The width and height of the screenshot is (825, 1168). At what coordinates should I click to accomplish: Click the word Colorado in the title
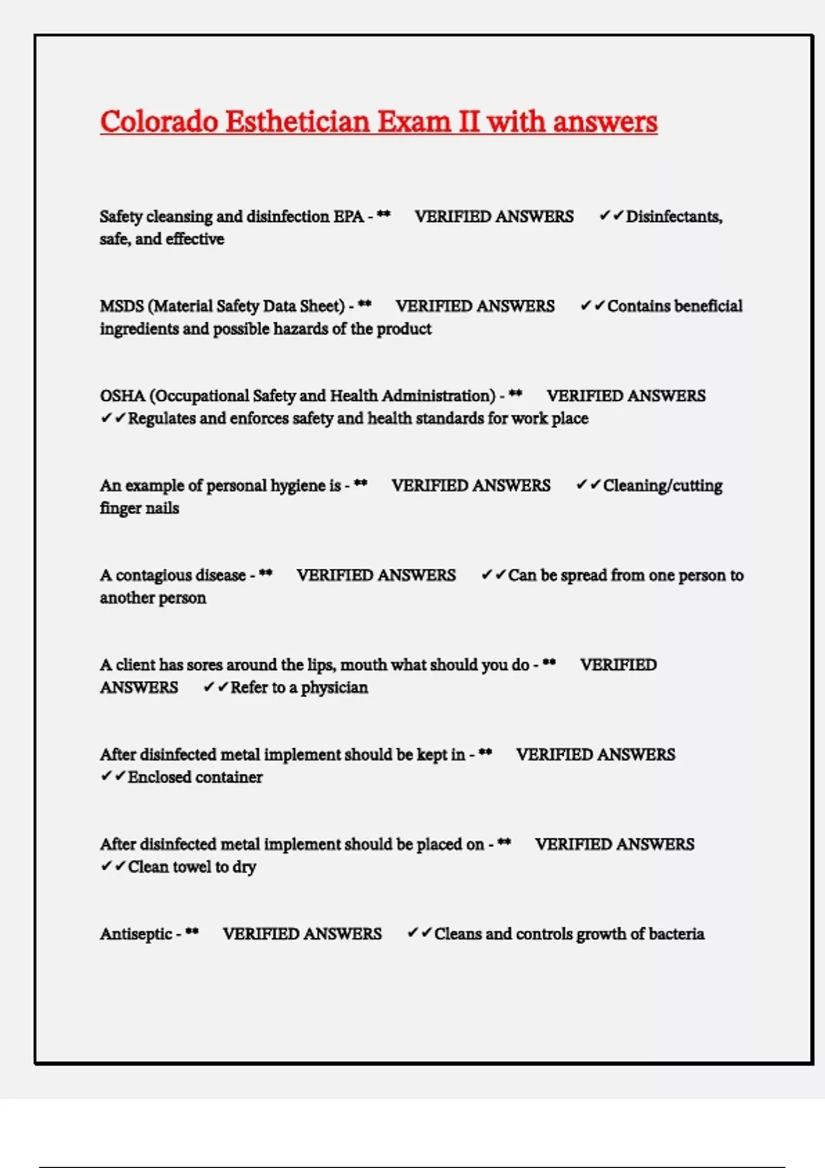159,122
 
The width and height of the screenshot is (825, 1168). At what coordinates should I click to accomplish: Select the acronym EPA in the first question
349,216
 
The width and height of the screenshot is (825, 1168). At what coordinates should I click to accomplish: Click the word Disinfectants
674,216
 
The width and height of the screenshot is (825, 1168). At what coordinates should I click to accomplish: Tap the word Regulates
162,418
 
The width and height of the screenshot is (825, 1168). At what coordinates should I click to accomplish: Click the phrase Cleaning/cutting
663,486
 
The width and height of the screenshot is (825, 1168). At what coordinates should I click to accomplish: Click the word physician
334,688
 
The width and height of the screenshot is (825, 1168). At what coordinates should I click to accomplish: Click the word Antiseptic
136,934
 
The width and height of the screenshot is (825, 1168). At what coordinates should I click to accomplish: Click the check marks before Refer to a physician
215,687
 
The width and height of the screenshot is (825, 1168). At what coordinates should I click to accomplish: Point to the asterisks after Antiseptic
192,932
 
